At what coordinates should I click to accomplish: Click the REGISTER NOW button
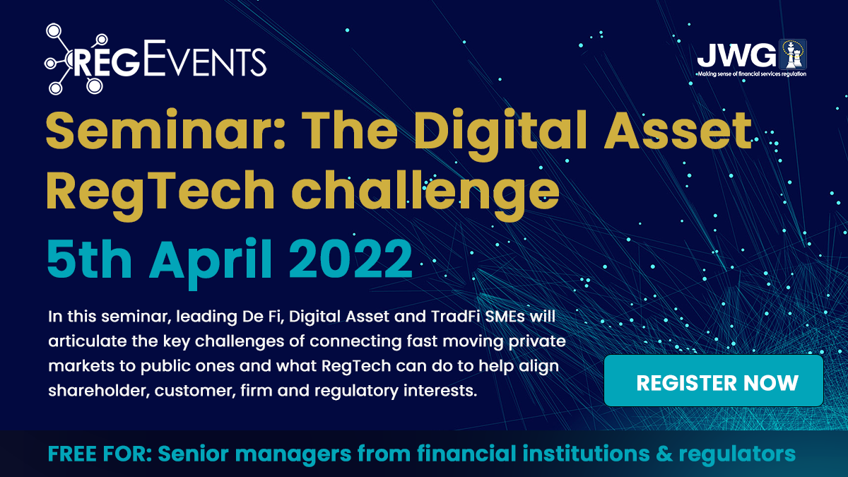point(714,380)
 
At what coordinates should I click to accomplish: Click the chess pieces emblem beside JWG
point(792,54)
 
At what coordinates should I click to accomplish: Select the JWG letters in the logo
point(736,55)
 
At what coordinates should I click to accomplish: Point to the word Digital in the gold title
point(500,130)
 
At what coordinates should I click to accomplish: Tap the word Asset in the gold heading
point(678,131)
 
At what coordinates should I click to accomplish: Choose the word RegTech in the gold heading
point(160,191)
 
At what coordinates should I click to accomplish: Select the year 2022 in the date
point(351,259)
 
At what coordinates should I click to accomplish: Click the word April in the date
point(211,262)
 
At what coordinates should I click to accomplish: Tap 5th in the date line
point(89,259)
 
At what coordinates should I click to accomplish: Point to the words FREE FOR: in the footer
point(100,454)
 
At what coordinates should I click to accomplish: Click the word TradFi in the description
point(455,317)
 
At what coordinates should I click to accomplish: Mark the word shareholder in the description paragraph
point(97,390)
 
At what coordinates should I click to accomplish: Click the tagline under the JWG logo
point(752,74)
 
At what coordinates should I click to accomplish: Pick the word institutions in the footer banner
point(586,454)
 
